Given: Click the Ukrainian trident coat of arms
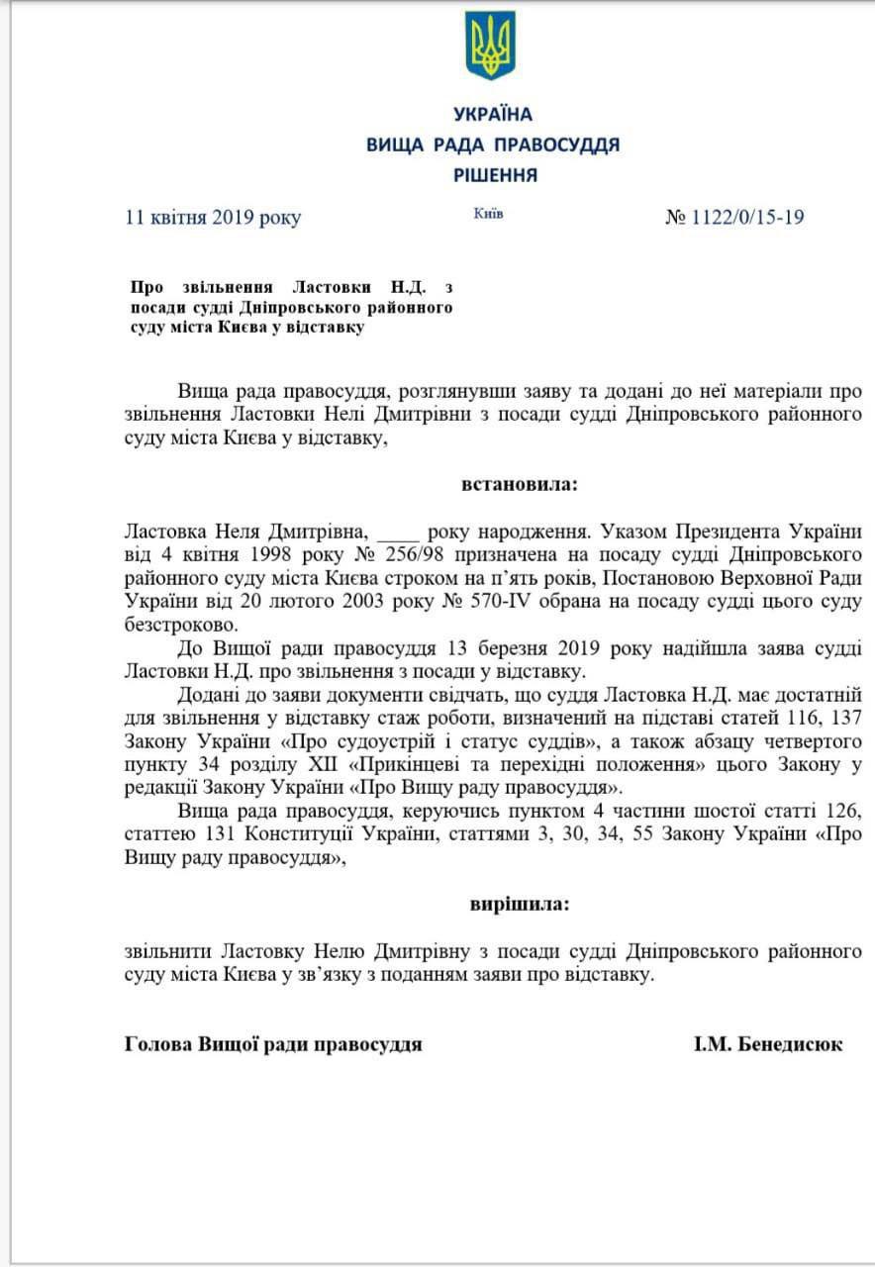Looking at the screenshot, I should pyautogui.click(x=492, y=46).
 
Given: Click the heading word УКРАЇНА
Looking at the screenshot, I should pyautogui.click(x=492, y=115).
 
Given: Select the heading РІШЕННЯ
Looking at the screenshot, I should pyautogui.click(x=495, y=175).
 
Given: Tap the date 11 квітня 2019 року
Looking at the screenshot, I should pyautogui.click(x=213, y=218).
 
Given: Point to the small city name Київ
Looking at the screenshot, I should pyautogui.click(x=488, y=214).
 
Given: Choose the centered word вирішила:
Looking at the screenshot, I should pyautogui.click(x=519, y=904).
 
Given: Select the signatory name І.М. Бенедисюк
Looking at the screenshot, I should pyautogui.click(x=768, y=1044).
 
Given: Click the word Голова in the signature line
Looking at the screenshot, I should pyautogui.click(x=158, y=1044).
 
